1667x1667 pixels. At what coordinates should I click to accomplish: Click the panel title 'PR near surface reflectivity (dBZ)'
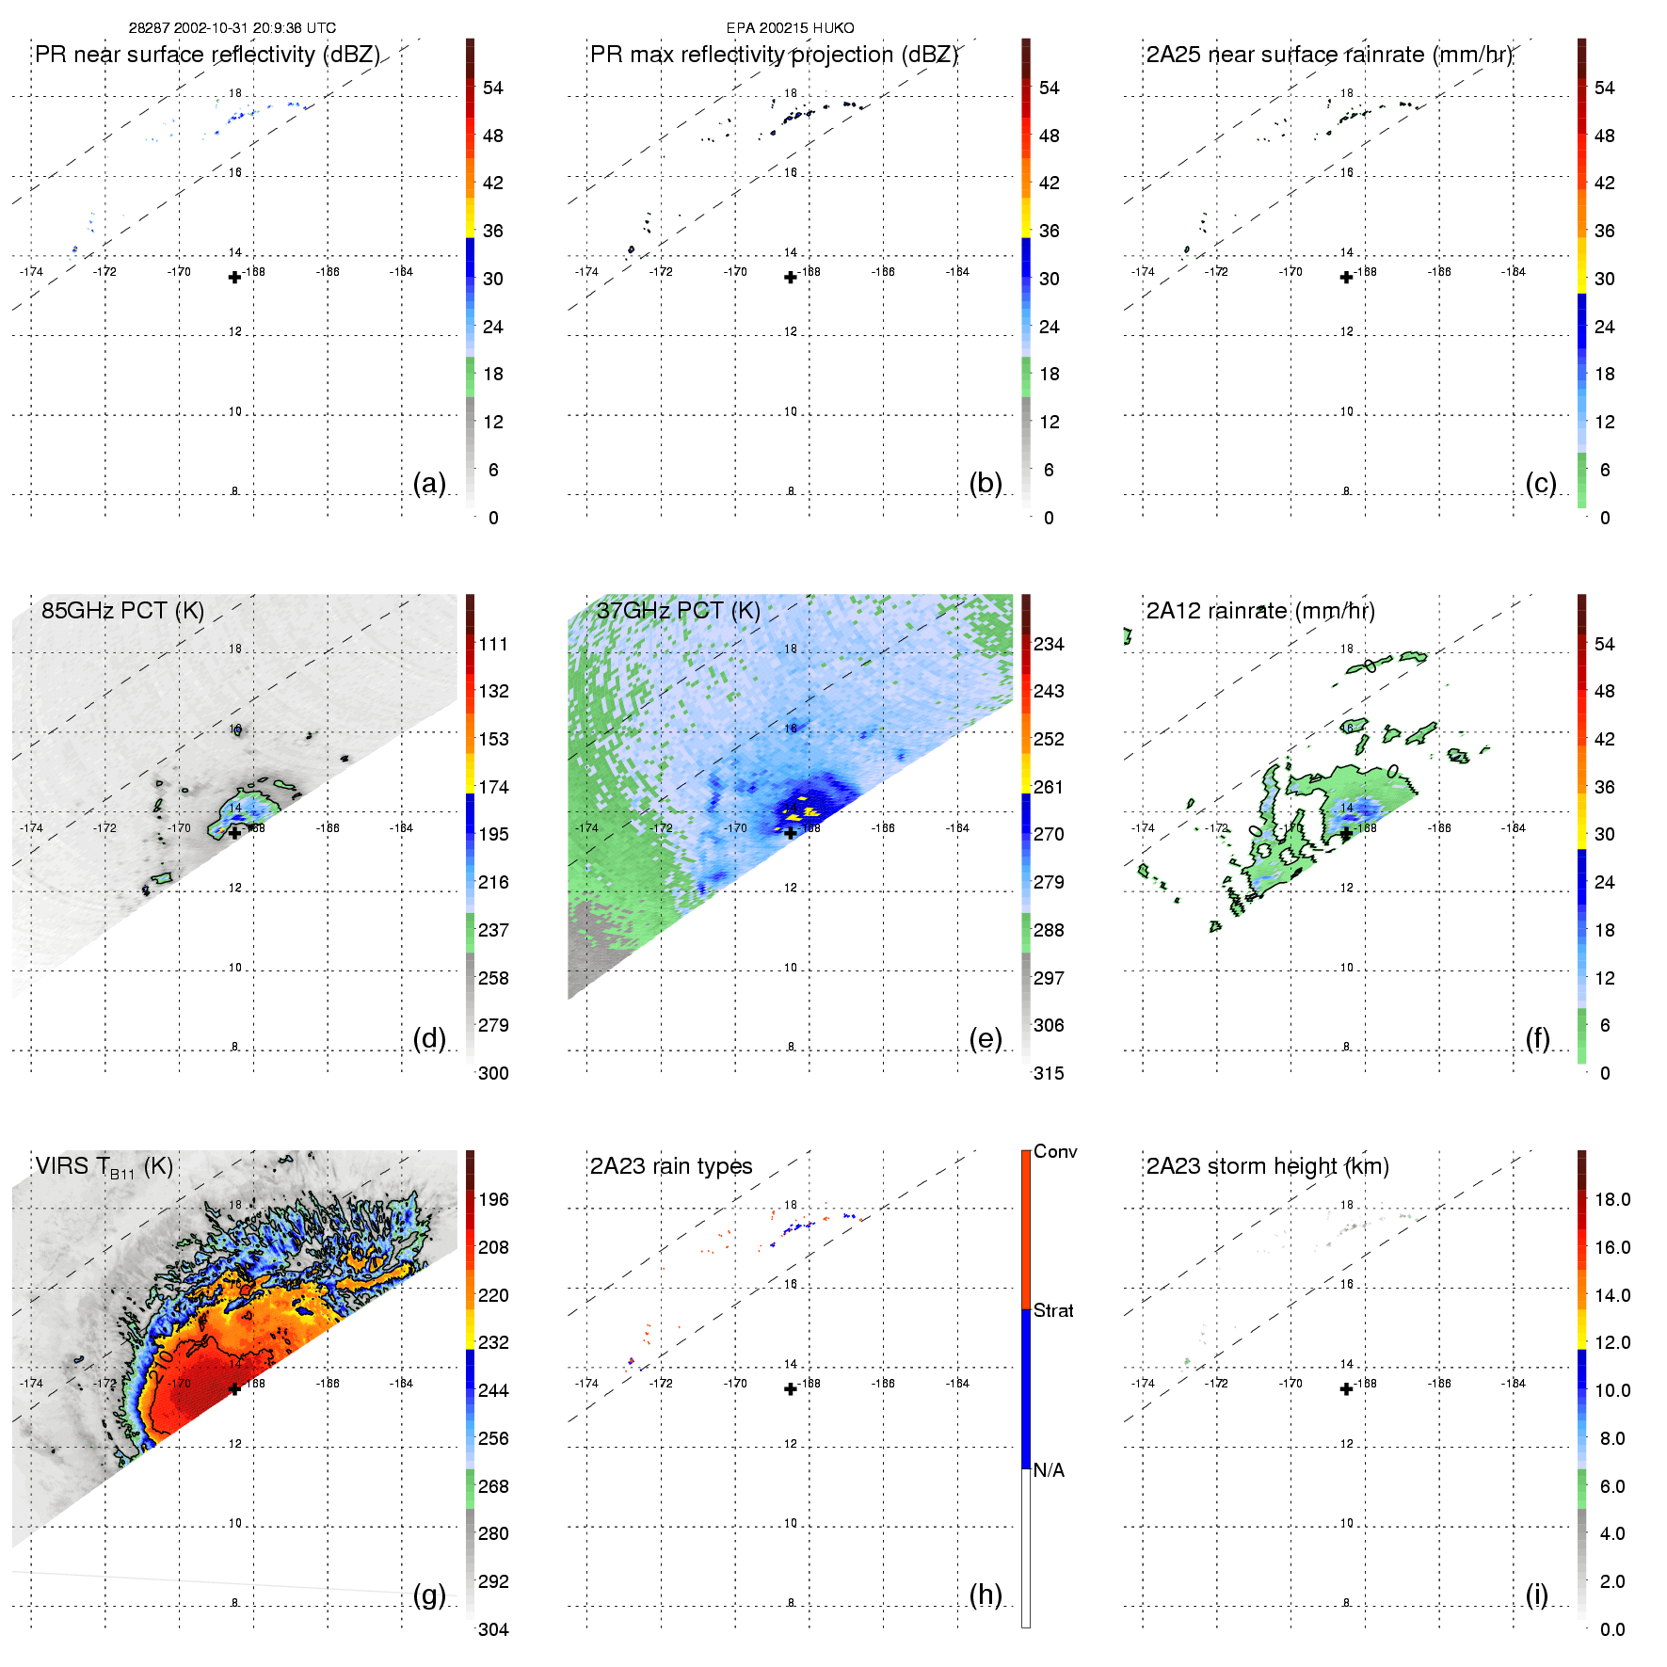pos(207,55)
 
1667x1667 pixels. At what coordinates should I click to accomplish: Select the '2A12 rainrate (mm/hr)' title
pos(1260,611)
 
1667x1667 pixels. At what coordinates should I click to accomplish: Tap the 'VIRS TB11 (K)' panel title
pos(104,1167)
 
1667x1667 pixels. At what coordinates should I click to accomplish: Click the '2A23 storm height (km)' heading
pos(1267,1166)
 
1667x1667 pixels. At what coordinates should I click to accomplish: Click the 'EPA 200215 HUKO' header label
pos(790,28)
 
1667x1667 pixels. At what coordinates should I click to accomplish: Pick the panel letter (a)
pos(429,483)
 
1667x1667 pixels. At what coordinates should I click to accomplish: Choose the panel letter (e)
pos(986,1038)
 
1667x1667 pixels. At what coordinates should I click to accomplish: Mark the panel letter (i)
pos(1536,1595)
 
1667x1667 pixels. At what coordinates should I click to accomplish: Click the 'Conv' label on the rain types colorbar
pos(1055,1151)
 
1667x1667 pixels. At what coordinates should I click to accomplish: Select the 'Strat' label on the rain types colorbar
pos(1053,1310)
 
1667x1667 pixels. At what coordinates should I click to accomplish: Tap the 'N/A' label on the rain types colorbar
pos(1049,1470)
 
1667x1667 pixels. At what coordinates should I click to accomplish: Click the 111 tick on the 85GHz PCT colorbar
pos(493,644)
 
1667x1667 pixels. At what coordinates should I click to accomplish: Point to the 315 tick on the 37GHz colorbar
pos(1049,1073)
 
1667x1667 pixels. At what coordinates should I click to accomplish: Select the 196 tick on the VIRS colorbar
pos(493,1199)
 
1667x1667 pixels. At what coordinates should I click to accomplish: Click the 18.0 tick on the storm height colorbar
pos(1611,1199)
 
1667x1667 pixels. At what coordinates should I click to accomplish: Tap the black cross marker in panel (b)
pos(791,277)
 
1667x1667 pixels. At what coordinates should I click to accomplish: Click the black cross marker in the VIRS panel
pos(234,1388)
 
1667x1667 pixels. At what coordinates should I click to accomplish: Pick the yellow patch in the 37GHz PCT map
pos(809,811)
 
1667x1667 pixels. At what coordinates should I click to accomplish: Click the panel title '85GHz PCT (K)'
pos(122,611)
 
